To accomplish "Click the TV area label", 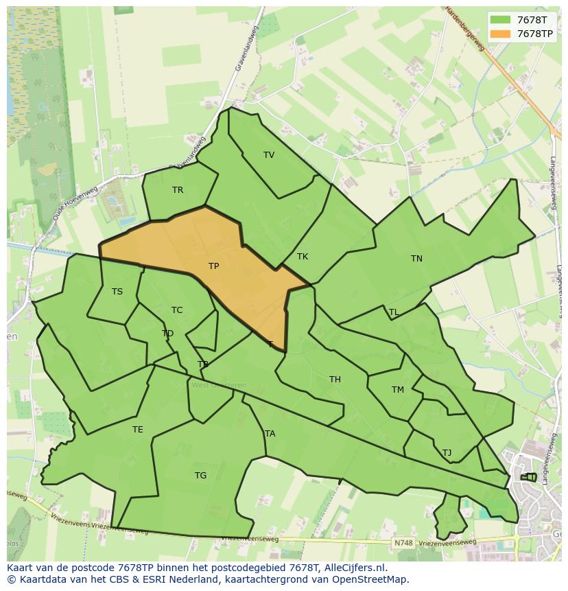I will [269, 155].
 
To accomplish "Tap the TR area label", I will [178, 190].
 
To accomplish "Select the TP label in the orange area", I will [214, 266].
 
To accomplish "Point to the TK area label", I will [303, 257].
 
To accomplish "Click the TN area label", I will [416, 259].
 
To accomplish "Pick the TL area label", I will [394, 312].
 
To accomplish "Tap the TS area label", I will [117, 292].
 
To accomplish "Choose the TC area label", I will [177, 310].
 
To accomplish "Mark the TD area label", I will [167, 334].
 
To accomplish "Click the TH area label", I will [335, 380].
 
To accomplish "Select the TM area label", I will [398, 390].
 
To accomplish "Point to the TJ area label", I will [447, 453].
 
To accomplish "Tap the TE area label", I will [138, 430].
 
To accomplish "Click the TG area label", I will [200, 476].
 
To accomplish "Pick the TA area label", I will [270, 434].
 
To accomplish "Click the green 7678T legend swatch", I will [500, 20].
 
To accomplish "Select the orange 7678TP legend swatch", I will [500, 34].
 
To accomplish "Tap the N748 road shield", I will [403, 543].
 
